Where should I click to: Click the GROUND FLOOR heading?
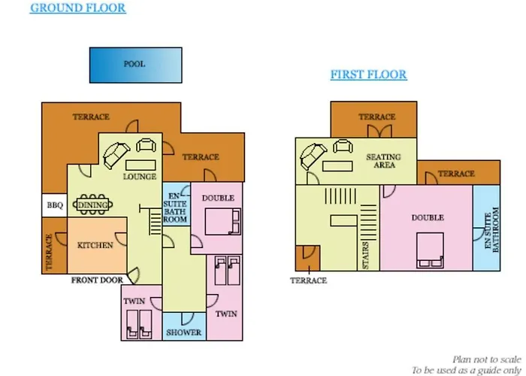click(77, 8)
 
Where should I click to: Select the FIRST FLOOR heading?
click(368, 74)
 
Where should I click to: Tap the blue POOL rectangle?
click(135, 65)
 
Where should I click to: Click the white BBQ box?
click(54, 205)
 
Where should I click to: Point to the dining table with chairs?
click(93, 204)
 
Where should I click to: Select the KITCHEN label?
click(95, 245)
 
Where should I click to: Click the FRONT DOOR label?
click(97, 280)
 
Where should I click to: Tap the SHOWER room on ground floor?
click(183, 332)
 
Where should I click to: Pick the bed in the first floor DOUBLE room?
click(428, 250)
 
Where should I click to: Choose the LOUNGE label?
click(139, 177)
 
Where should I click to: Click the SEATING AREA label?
click(383, 161)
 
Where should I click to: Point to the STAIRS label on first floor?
click(366, 256)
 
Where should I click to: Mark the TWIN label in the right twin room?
click(226, 314)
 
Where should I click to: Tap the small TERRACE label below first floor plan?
click(309, 280)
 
